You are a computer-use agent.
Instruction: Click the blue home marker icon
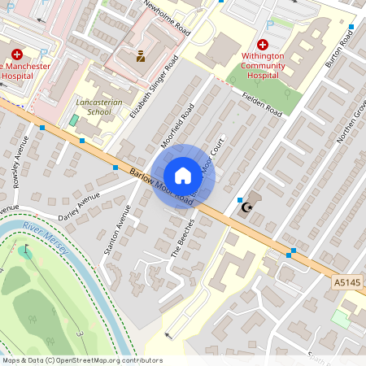point(183,176)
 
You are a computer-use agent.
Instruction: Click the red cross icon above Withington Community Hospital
point(263,45)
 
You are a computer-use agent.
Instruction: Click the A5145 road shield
point(347,281)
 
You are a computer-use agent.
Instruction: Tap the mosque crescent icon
point(245,208)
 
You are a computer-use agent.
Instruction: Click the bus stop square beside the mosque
point(239,199)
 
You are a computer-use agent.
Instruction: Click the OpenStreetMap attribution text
point(81,360)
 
